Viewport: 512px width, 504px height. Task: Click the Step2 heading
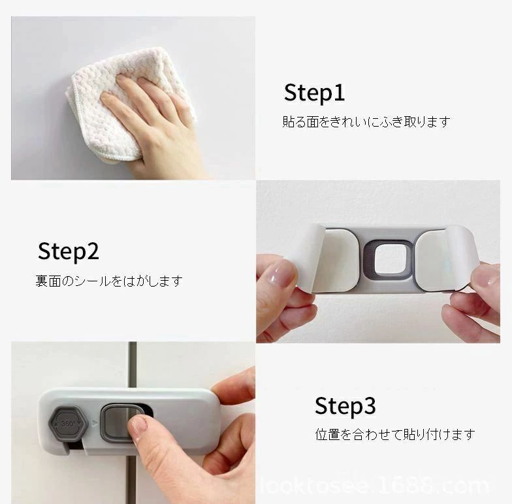pos(68,252)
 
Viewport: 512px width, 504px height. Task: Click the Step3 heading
pos(345,406)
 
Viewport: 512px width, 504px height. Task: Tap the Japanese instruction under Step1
pos(366,121)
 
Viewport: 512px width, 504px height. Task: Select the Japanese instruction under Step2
pos(108,281)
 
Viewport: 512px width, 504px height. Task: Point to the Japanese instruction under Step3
pos(395,435)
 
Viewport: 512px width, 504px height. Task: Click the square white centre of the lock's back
pos(389,260)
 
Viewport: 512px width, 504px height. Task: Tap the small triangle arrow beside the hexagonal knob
pos(95,423)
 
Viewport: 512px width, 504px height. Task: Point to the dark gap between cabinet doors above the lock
pos(132,365)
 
